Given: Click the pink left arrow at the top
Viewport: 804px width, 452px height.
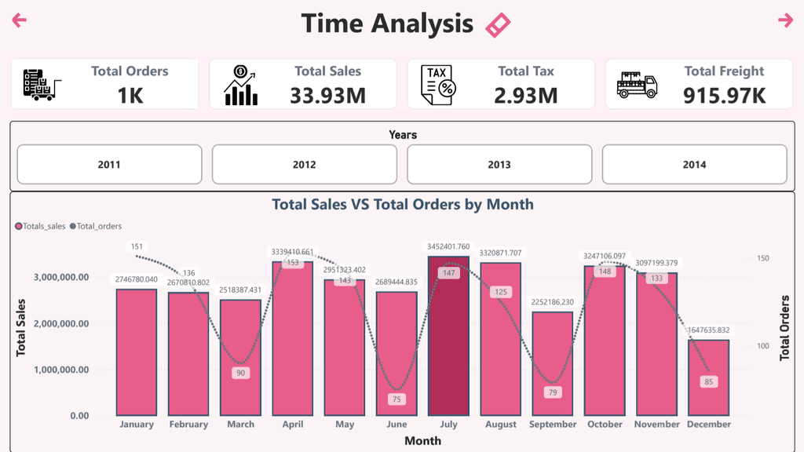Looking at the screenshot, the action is click(x=19, y=20).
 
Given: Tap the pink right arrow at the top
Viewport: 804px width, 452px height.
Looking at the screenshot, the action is click(x=785, y=20).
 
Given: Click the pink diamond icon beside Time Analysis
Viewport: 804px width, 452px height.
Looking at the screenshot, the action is click(x=498, y=25).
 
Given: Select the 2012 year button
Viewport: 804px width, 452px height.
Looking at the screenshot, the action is click(x=304, y=165).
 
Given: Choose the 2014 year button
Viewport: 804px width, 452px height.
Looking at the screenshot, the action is click(x=694, y=165).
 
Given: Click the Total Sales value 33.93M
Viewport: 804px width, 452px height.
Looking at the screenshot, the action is click(x=327, y=95).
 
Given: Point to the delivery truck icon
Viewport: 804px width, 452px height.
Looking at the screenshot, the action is click(x=637, y=85).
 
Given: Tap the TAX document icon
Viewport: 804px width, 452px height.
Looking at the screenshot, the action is click(x=438, y=85).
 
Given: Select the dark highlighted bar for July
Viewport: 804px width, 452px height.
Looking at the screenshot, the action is click(x=448, y=336).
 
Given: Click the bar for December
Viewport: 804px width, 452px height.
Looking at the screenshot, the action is click(x=709, y=377).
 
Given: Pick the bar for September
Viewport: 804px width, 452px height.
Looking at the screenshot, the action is click(x=553, y=363).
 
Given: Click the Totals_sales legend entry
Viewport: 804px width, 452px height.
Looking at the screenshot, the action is click(x=41, y=226).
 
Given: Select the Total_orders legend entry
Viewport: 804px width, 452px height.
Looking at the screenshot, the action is click(x=96, y=226).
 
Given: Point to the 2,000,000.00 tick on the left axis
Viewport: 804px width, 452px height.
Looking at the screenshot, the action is click(x=61, y=323).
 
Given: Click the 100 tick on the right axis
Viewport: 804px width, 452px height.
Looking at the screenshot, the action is click(x=763, y=346).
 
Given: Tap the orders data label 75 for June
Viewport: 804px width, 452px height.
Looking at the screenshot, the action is click(x=397, y=399).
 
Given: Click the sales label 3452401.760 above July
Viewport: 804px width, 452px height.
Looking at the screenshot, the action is click(x=448, y=246).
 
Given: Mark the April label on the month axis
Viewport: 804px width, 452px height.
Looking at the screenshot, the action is click(x=293, y=425).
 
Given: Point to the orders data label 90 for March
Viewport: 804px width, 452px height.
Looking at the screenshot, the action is click(x=240, y=373).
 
